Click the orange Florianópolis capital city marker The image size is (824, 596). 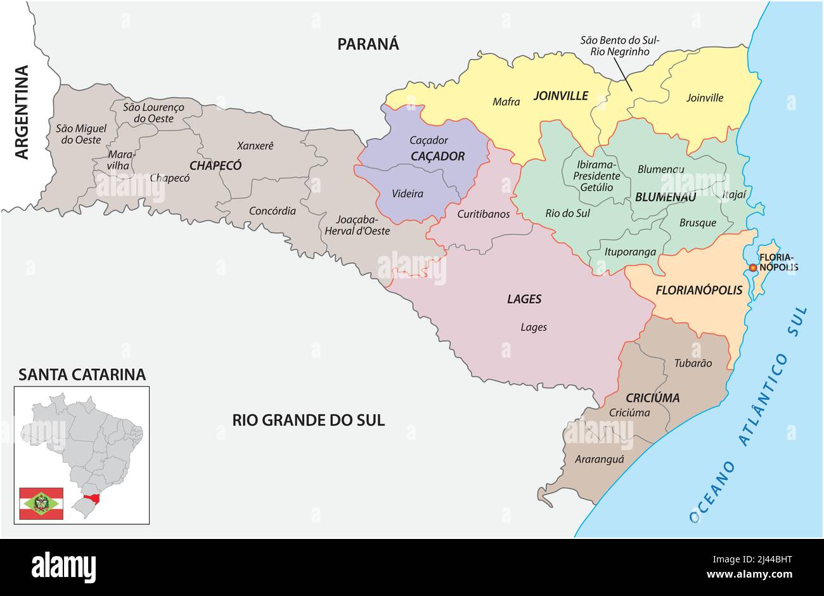point(752,268)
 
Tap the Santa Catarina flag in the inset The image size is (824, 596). point(41,503)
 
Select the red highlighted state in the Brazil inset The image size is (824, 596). point(93,498)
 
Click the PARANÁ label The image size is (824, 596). point(368,44)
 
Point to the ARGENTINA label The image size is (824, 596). point(22,112)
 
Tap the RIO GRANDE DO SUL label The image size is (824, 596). point(308,420)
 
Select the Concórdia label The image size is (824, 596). point(272,211)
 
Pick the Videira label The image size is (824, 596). point(408,193)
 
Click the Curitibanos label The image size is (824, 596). point(483,214)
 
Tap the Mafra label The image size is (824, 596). point(506,101)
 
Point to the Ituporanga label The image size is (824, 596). point(630,252)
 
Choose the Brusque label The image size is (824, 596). point(697,223)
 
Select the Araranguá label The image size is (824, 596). point(599,459)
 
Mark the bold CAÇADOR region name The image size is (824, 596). point(437,156)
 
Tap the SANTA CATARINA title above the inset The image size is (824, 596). point(82,375)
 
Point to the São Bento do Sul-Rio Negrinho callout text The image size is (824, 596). point(619,46)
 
